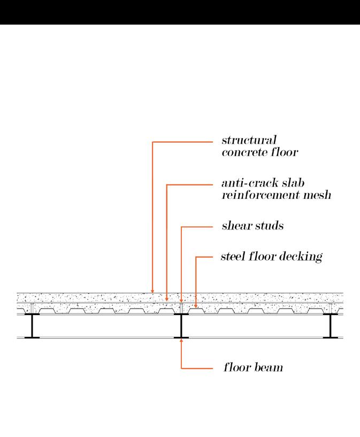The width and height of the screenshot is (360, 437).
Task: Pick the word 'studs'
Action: tap(270, 226)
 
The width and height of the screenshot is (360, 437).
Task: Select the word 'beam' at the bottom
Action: tap(268, 368)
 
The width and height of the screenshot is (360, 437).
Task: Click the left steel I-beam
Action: tap(33, 326)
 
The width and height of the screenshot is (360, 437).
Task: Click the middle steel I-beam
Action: tap(182, 326)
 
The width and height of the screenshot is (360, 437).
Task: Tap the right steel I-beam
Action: tap(330, 326)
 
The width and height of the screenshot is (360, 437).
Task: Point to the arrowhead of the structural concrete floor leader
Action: tap(152, 291)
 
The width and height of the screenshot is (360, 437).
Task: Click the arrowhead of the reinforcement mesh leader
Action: tap(167, 300)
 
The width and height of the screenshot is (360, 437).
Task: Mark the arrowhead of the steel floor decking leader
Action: tap(196, 306)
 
